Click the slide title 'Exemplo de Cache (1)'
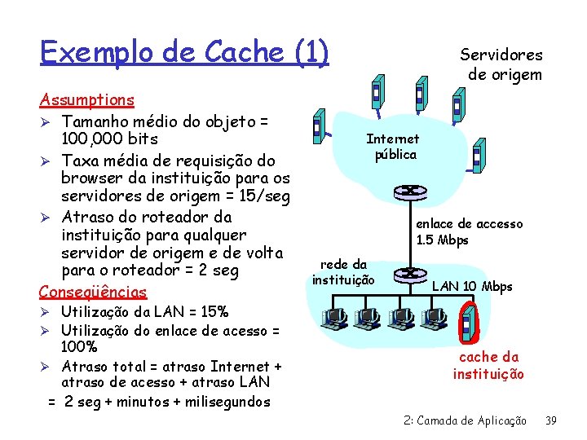click(x=184, y=52)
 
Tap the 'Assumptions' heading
click(x=87, y=99)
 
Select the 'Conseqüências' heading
click(x=93, y=292)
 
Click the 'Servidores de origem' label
click(x=501, y=64)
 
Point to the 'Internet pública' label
click(x=393, y=147)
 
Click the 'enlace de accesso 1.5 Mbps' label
click(x=469, y=232)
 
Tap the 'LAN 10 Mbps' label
click(x=471, y=286)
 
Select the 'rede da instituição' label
click(x=342, y=272)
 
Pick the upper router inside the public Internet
click(x=404, y=192)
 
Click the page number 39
click(x=550, y=420)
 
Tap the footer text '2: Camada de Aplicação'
click(x=465, y=420)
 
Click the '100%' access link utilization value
click(x=79, y=347)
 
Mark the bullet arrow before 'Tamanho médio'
click(x=46, y=121)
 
